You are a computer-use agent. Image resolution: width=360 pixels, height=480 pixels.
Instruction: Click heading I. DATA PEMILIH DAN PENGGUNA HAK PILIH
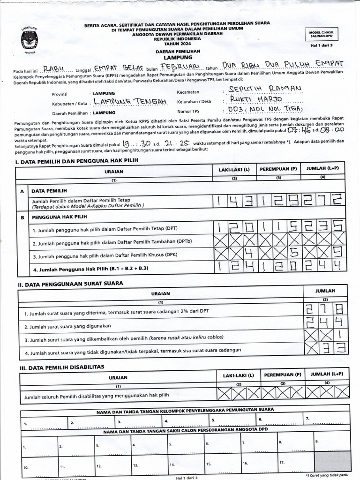pos(77,161)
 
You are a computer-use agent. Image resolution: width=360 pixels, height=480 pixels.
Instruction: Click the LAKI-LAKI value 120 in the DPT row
pos(234,228)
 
